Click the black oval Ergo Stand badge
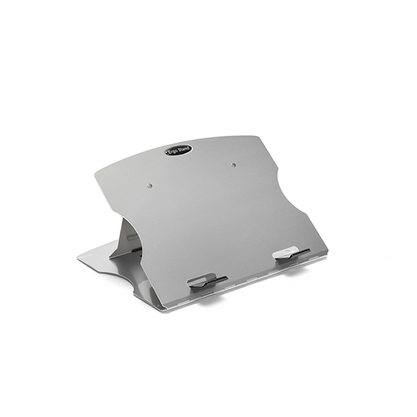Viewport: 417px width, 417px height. pyautogui.click(x=179, y=151)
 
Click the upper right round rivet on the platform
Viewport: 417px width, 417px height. pyautogui.click(x=234, y=165)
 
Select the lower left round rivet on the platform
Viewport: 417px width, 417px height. pyautogui.click(x=149, y=186)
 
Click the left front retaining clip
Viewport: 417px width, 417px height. pyautogui.click(x=207, y=280)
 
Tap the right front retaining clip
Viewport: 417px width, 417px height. pyautogui.click(x=291, y=253)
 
